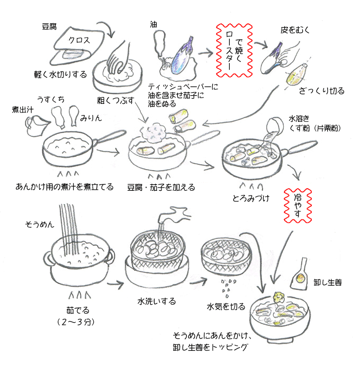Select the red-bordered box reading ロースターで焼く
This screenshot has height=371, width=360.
[x=233, y=49]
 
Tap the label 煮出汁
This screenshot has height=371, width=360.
[x=24, y=109]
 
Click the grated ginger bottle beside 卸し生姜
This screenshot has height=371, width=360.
[x=302, y=274]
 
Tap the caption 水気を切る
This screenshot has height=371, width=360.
[x=226, y=306]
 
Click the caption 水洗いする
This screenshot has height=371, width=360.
[x=157, y=301]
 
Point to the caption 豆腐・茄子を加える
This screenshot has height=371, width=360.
[x=161, y=187]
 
